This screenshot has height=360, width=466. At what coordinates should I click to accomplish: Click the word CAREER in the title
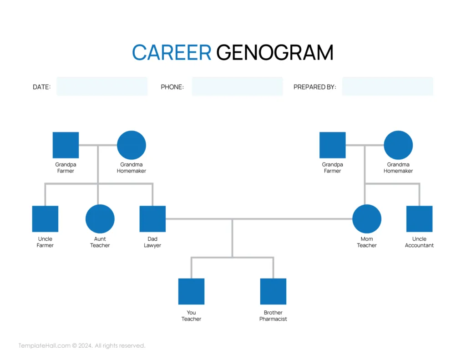click(172, 53)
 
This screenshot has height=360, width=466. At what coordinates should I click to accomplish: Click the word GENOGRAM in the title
click(275, 53)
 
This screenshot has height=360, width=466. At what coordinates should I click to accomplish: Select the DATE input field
click(102, 86)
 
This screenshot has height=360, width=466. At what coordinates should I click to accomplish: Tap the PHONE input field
click(237, 86)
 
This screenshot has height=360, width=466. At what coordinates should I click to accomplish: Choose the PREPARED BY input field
click(387, 86)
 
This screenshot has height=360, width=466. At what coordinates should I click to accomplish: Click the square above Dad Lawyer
click(152, 219)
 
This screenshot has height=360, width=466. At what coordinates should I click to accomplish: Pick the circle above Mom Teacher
click(367, 219)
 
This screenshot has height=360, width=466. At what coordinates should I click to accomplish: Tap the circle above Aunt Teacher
click(100, 219)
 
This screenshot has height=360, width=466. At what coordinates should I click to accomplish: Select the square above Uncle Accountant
click(419, 219)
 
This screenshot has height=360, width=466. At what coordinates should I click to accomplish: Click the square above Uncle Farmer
click(45, 219)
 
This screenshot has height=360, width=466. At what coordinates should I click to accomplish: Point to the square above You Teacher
click(191, 291)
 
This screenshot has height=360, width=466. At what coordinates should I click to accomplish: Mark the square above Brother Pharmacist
click(273, 291)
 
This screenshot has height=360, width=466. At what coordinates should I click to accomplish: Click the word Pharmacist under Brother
click(273, 319)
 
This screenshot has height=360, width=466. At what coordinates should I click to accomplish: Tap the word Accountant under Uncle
click(419, 245)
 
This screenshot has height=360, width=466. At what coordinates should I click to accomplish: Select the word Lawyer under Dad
click(152, 245)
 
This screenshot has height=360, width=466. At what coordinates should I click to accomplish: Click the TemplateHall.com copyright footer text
click(82, 346)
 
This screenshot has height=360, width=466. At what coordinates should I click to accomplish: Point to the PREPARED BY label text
click(314, 87)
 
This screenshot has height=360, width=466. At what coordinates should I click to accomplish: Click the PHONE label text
click(172, 87)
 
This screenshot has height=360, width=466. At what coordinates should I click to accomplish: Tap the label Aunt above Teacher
click(100, 239)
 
